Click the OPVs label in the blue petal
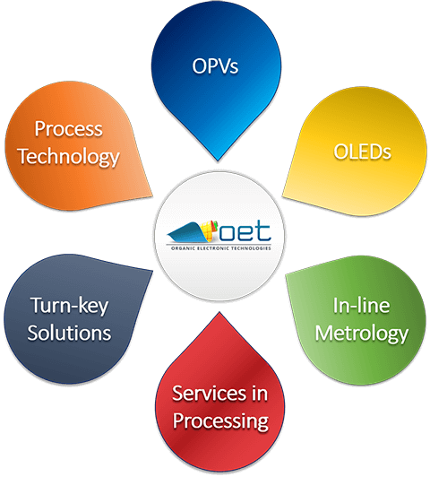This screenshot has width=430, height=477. click(215, 65)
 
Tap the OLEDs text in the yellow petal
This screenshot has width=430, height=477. click(362, 152)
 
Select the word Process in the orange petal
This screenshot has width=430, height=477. click(68, 128)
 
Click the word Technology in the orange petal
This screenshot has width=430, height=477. click(68, 157)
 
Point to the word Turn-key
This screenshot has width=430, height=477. click(69, 306)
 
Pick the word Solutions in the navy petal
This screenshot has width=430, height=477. click(69, 333)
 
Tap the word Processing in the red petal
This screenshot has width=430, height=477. click(220, 421)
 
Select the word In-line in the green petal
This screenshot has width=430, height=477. click(361, 305)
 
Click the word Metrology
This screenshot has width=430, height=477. click(361, 334)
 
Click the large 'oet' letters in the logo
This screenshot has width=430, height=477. click(245, 232)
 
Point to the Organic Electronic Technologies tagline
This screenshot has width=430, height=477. click(221, 248)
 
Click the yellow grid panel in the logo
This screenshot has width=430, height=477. click(208, 230)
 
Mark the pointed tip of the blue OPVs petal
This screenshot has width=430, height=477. click(218, 160)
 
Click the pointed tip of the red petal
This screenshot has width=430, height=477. click(219, 312)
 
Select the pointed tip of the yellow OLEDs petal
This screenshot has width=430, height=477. click(282, 195)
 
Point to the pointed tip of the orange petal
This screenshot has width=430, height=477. click(152, 195)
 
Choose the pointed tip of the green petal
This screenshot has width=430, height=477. click(286, 275)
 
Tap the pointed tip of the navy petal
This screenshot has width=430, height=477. click(152, 271)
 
